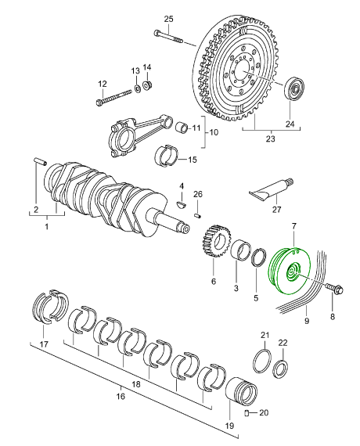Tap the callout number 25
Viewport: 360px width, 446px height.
pos(168,20)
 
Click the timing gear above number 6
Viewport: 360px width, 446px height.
pos(217,241)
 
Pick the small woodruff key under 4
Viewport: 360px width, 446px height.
pos(181,204)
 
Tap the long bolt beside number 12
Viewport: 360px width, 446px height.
pos(113,97)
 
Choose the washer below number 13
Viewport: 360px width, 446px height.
pos(136,88)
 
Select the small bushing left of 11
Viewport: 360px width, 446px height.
pos(181,127)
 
